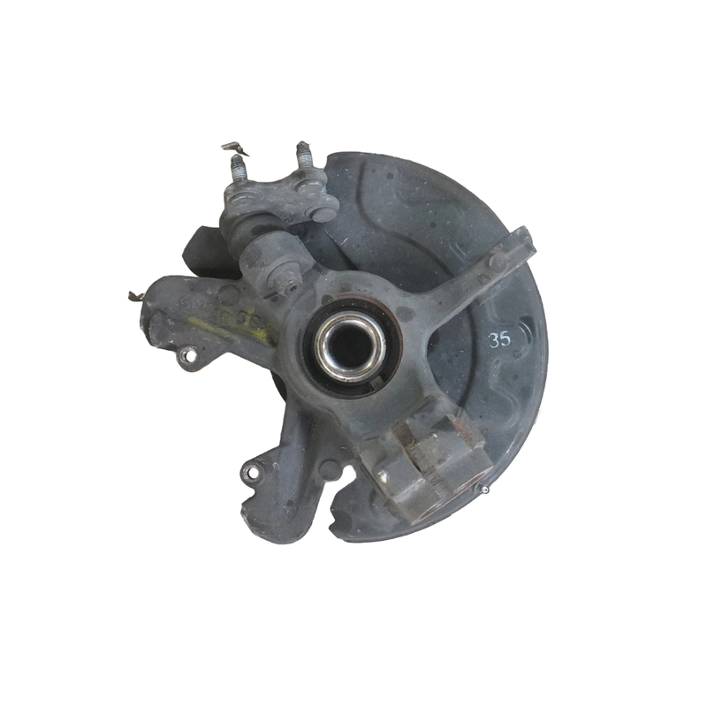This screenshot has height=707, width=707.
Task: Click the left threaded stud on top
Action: (x=239, y=171)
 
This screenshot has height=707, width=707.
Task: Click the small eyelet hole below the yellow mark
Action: (x=186, y=356)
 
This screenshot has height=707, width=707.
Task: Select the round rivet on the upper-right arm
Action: (x=498, y=263)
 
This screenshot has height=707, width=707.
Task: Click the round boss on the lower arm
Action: (x=327, y=468)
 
